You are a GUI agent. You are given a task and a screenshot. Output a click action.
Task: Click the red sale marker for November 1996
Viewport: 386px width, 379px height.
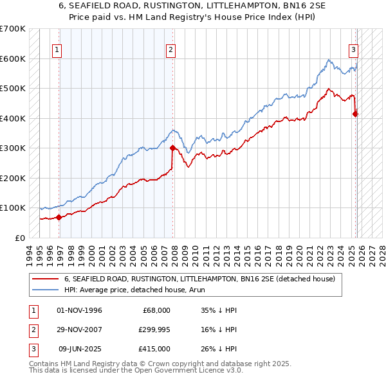(59, 217)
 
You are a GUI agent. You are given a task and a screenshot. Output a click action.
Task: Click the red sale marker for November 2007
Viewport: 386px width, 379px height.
(172, 148)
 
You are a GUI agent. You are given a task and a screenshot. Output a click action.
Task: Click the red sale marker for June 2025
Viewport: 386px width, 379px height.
(355, 114)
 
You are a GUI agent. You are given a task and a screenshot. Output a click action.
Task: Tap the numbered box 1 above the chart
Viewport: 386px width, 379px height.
(57, 49)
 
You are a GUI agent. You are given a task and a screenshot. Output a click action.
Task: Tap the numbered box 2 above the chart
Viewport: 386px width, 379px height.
(170, 49)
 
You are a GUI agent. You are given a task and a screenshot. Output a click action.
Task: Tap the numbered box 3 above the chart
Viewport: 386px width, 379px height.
(353, 49)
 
